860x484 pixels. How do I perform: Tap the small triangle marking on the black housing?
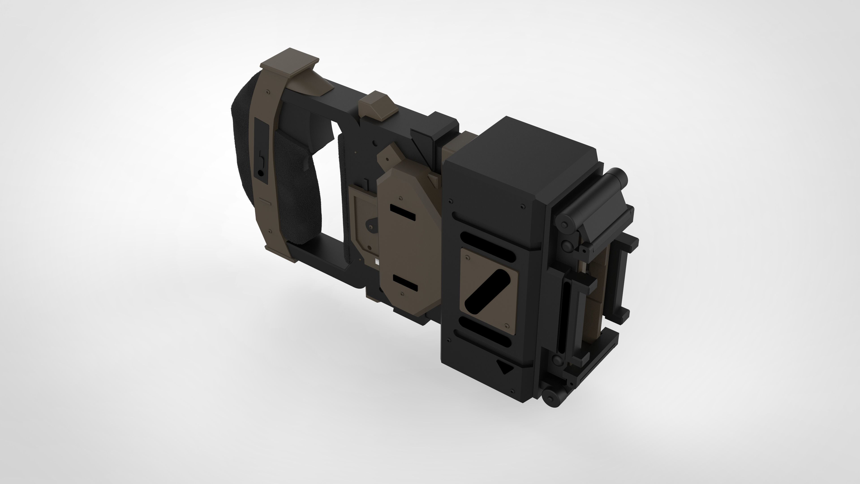pyautogui.click(x=504, y=367)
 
